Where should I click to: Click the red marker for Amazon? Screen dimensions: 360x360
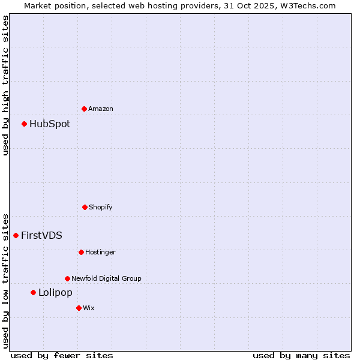[84, 109]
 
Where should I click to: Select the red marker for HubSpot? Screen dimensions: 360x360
[24, 124]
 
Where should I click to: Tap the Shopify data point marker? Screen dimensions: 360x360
[85, 207]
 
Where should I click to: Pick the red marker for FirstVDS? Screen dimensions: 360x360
[16, 235]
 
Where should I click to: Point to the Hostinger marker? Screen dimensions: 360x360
[81, 252]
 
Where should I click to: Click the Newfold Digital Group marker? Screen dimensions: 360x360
[67, 278]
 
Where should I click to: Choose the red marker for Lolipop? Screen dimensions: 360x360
[33, 292]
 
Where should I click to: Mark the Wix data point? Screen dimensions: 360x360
[79, 308]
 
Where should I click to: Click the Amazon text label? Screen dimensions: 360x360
[101, 109]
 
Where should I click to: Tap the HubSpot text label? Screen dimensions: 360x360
[50, 124]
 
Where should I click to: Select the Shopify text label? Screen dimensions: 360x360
[101, 207]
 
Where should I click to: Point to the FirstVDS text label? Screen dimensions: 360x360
[41, 235]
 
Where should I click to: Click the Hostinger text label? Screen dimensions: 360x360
[100, 252]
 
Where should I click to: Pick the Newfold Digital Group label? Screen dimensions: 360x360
[106, 278]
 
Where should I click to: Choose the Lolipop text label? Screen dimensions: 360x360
[55, 292]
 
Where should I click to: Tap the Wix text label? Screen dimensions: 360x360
[89, 308]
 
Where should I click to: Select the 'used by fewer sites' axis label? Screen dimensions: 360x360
[62, 355]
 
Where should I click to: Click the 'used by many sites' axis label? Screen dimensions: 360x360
[301, 355]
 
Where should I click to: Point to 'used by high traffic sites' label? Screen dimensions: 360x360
[5, 85]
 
